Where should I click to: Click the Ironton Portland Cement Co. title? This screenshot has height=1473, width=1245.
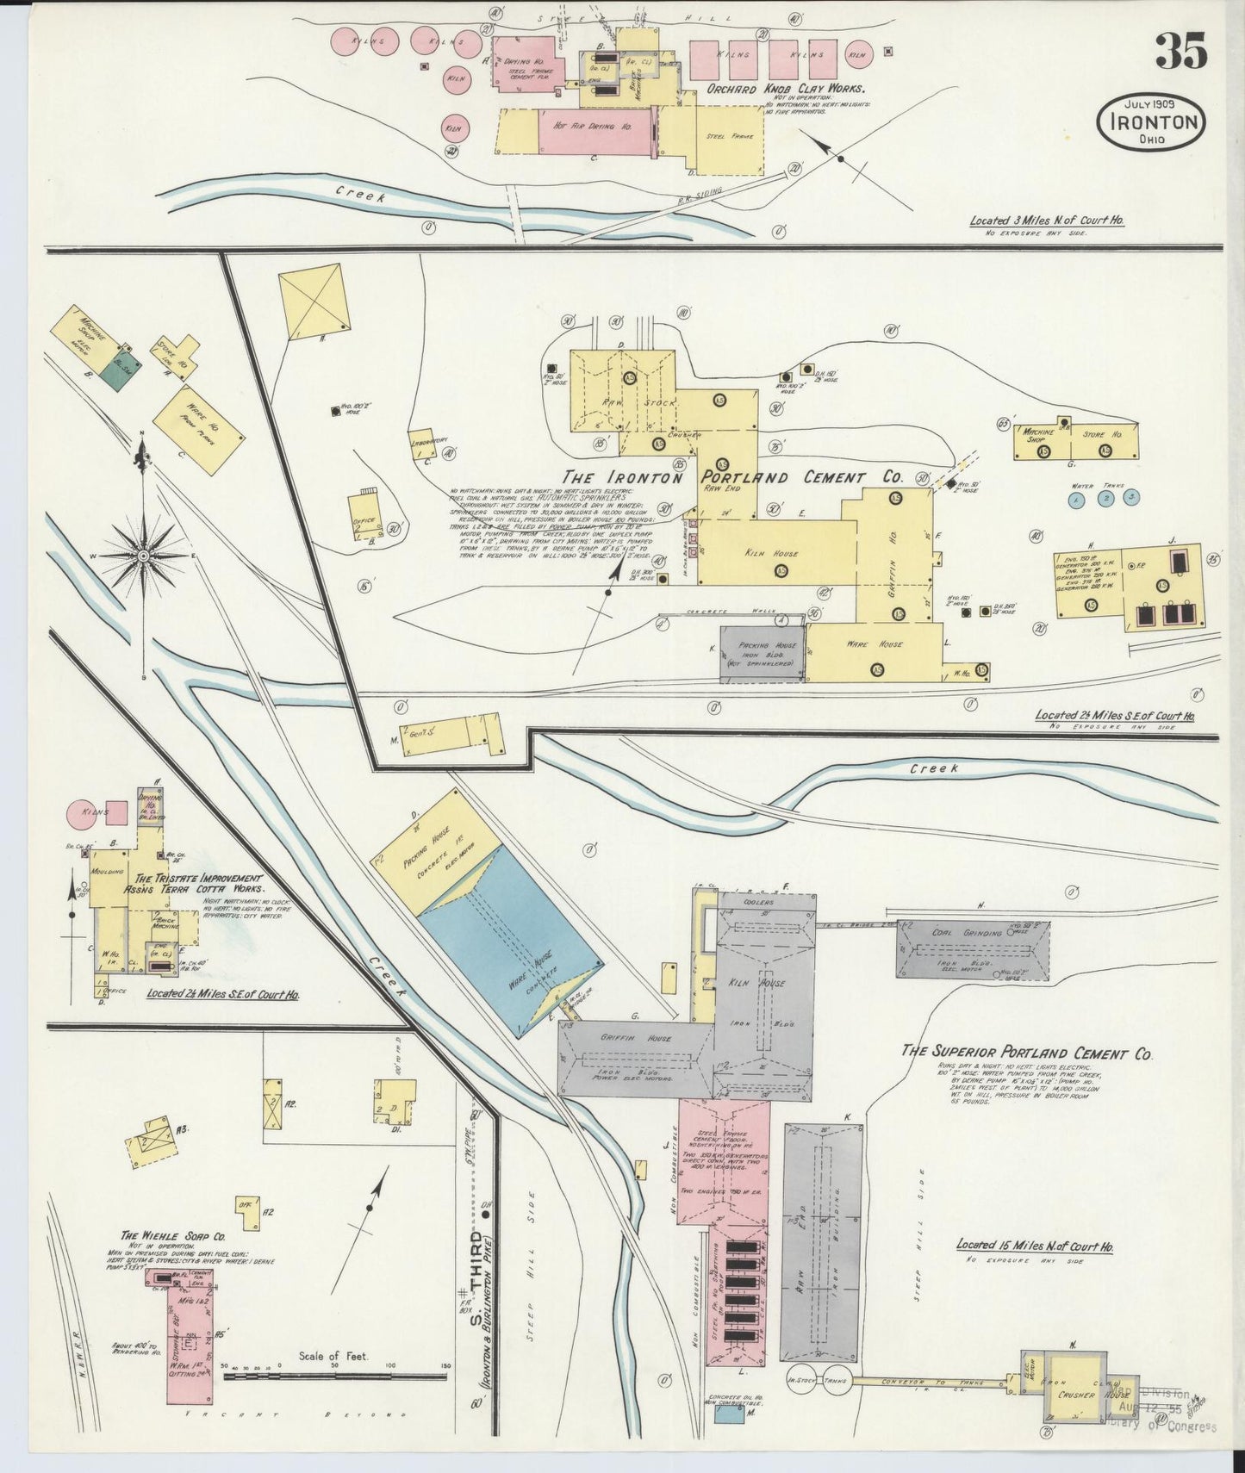[732, 477]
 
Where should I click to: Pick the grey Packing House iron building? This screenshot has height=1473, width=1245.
[763, 655]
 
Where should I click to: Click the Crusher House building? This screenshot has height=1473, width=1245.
[1075, 1394]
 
